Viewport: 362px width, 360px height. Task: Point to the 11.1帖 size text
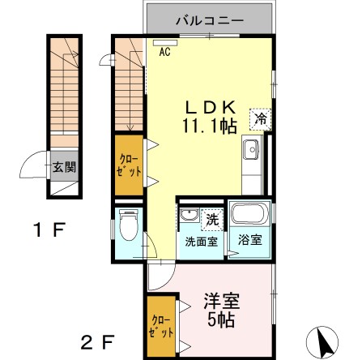[x=214, y=127]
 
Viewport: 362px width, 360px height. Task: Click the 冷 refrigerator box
[x=261, y=118]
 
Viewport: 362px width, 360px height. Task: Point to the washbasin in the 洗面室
[x=188, y=215]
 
